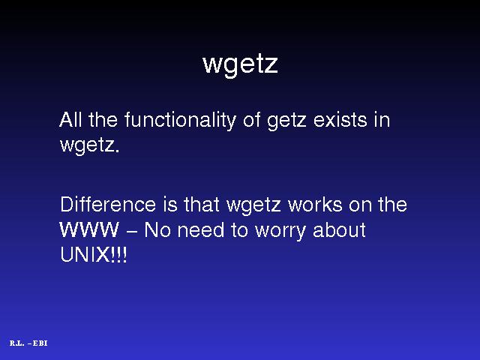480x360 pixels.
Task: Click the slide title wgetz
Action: click(240, 64)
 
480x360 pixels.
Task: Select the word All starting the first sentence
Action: click(70, 119)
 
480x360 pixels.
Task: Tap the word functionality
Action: click(180, 121)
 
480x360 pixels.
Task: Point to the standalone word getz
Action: click(286, 121)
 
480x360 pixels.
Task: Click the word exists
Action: click(340, 120)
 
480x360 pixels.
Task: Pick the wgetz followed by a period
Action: click(89, 145)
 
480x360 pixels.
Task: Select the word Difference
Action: click(108, 204)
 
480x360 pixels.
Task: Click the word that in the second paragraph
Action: click(202, 204)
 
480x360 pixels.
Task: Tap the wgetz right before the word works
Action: click(253, 206)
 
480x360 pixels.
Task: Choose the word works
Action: click(315, 204)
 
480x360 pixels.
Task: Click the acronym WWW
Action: click(89, 229)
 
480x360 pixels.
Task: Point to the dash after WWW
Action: click(132, 232)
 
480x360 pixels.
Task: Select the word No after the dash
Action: click(157, 229)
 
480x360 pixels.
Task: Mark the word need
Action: click(201, 229)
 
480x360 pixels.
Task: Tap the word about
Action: click(339, 229)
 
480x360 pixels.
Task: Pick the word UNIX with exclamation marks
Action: click(93, 254)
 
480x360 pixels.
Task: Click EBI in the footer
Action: click(40, 343)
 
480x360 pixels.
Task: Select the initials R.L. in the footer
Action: click(16, 343)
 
